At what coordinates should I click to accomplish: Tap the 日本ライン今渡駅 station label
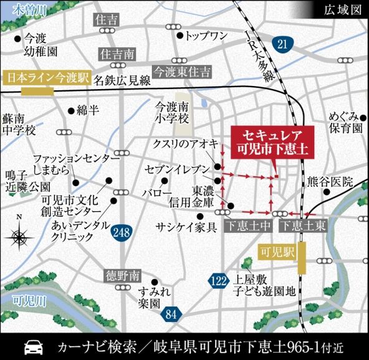pyautogui.click(x=47, y=79)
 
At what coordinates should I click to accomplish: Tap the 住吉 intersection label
pyautogui.click(x=107, y=21)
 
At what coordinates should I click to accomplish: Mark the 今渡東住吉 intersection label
pyautogui.click(x=183, y=70)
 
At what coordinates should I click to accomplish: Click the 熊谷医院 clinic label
pyautogui.click(x=330, y=182)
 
